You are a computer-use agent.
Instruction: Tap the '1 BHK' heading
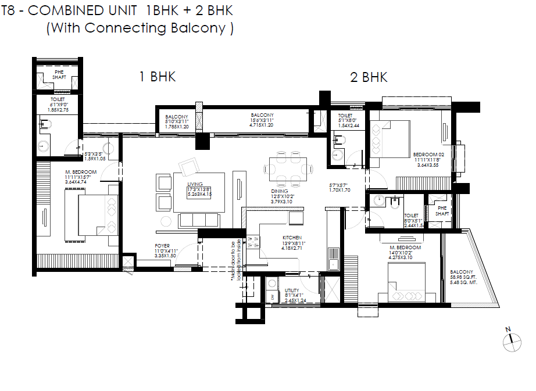(156, 77)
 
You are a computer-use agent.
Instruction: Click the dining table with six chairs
(288, 169)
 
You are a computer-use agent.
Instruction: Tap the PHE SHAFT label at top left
(60, 75)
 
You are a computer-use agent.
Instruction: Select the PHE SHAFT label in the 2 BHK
(442, 210)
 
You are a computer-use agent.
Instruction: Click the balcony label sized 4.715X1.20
(262, 119)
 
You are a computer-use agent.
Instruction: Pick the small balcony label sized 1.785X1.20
(176, 120)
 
